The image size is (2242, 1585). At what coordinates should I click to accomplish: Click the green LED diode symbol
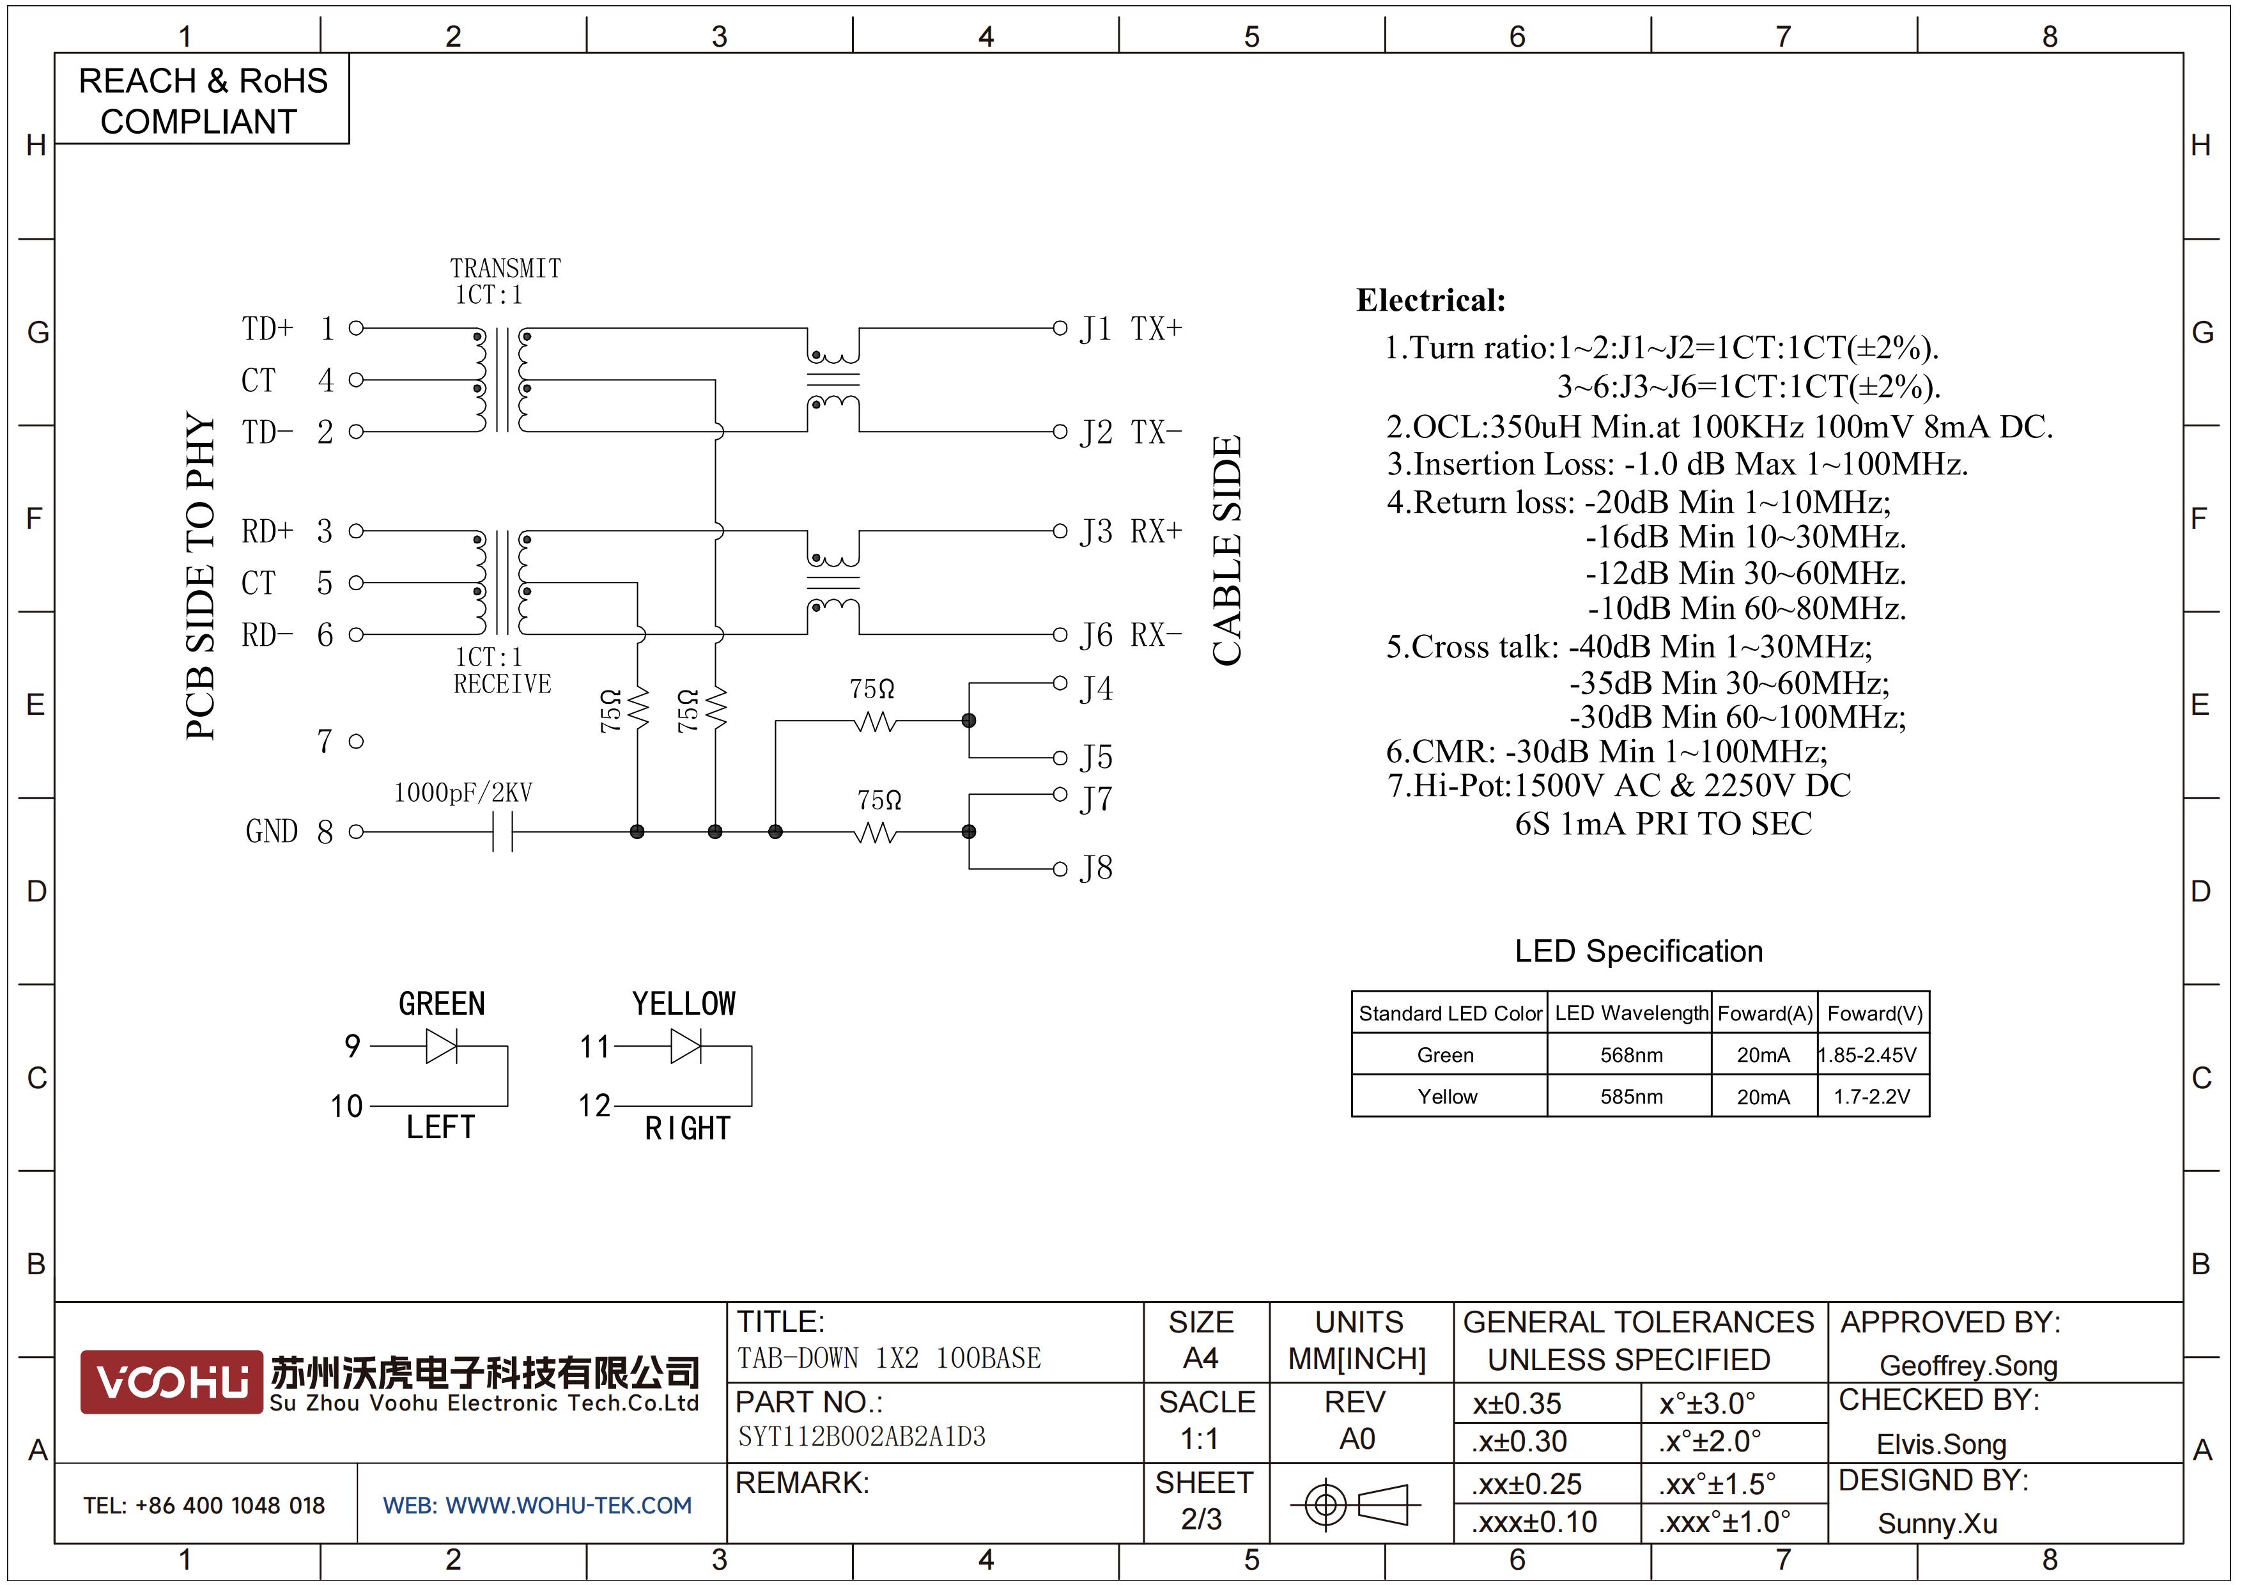tap(442, 1047)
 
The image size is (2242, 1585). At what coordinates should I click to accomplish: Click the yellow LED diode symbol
tap(686, 1047)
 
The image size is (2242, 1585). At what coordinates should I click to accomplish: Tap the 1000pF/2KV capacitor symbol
tap(502, 832)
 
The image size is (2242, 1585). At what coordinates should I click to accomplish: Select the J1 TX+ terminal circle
tap(1060, 328)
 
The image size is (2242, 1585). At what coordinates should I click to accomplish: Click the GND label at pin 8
tap(272, 831)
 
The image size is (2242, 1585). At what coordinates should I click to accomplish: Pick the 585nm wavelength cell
tap(1631, 1097)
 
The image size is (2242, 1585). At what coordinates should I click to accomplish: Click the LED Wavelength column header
tap(1632, 1013)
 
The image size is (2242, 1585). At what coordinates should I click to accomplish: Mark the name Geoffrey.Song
tap(1968, 1365)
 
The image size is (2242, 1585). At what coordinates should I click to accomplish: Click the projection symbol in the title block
tap(1356, 1504)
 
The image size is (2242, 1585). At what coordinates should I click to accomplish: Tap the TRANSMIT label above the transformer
tap(505, 268)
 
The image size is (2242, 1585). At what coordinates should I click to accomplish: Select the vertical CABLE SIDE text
tap(1226, 550)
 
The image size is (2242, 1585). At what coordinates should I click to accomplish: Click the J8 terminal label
tap(1095, 868)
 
